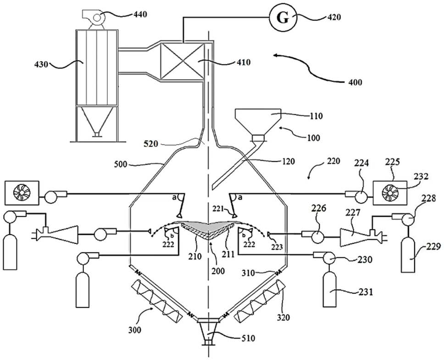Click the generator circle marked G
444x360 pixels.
click(283, 18)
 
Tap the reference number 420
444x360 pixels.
click(334, 17)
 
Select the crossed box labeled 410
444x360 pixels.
click(182, 61)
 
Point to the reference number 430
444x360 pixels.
click(42, 64)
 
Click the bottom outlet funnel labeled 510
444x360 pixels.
click(209, 331)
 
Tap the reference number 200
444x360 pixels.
click(217, 271)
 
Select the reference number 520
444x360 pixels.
click(150, 144)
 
